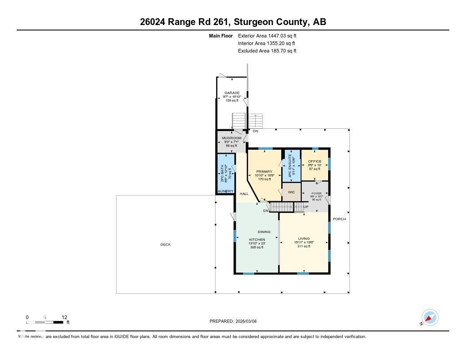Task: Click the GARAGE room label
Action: pos(232,93)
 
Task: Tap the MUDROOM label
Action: pos(232,138)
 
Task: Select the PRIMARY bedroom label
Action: pos(264,172)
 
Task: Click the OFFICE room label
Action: pos(314,162)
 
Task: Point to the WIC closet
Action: pos(291,192)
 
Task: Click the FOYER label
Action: pos(316,193)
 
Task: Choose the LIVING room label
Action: pos(304,238)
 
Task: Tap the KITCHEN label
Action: pos(257,239)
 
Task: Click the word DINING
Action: pos(264,232)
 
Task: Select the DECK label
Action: pos(165,244)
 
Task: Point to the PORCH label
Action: pos(339,219)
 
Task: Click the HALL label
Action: pos(244,194)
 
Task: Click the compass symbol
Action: pos(430,317)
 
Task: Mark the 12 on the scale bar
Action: pos(64,317)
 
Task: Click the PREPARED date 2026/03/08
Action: pos(250,321)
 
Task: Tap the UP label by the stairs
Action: pos(306,207)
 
